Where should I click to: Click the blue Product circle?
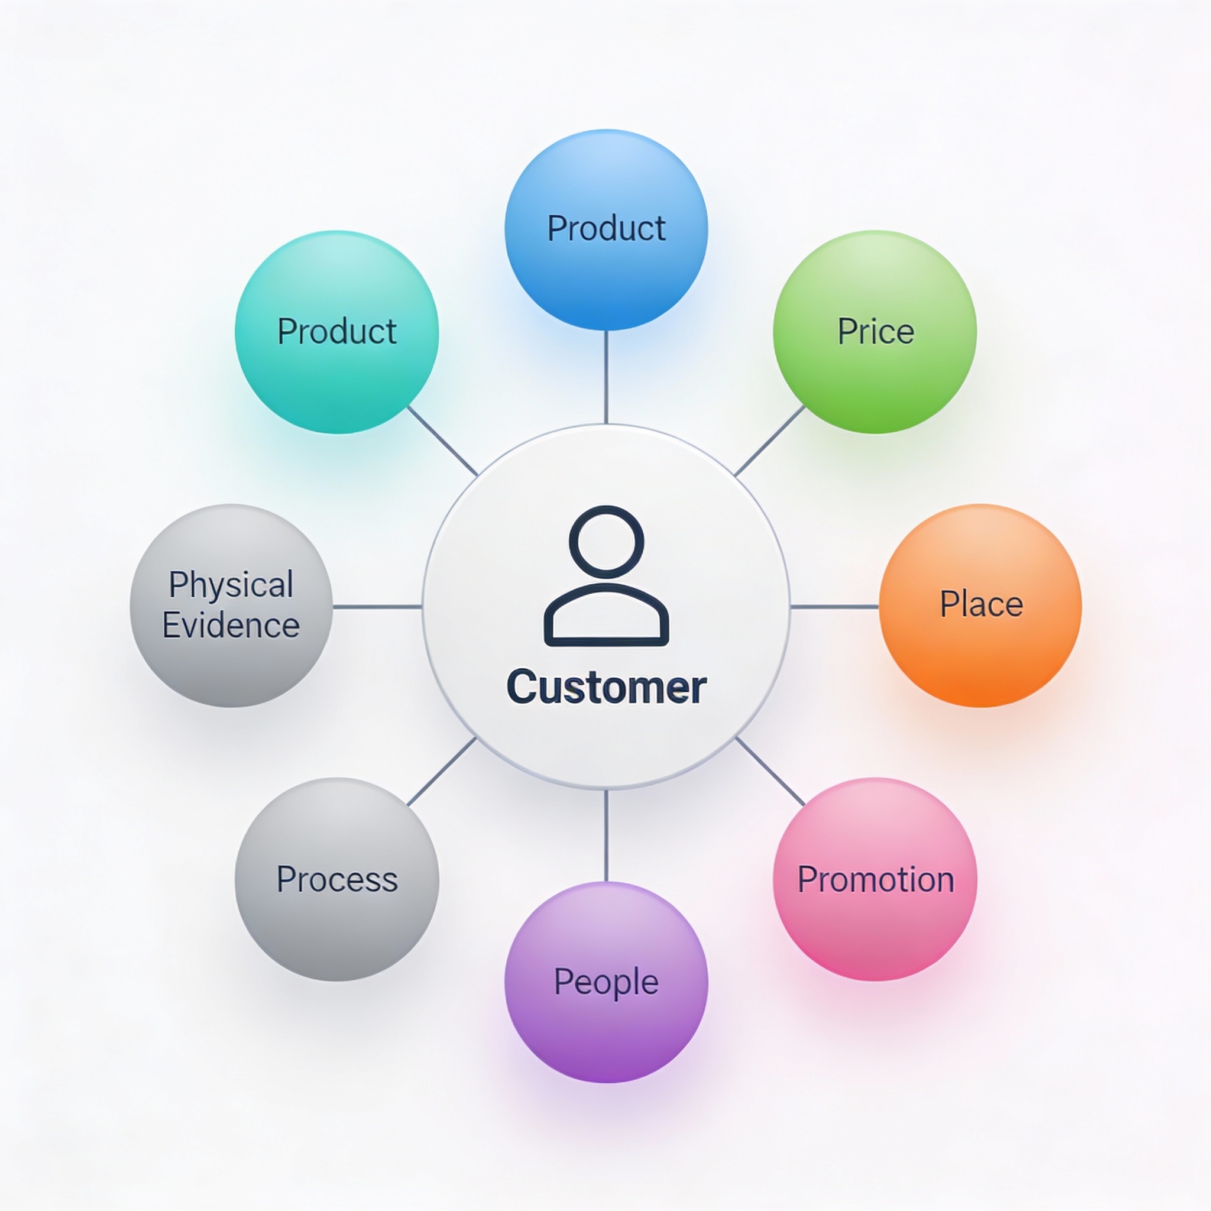tap(606, 229)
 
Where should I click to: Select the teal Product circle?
tap(336, 332)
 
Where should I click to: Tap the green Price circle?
tap(875, 332)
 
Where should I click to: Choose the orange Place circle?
tap(980, 605)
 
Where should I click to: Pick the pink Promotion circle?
tap(875, 879)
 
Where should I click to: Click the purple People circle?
tap(606, 982)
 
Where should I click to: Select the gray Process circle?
tap(336, 879)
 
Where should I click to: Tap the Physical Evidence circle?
tap(231, 605)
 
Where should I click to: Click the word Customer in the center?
tap(606, 687)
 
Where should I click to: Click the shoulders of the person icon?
tap(606, 617)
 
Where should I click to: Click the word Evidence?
tap(231, 626)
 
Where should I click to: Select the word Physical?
tap(231, 584)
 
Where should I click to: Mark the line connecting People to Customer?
tap(606, 836)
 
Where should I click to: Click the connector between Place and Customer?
tap(834, 607)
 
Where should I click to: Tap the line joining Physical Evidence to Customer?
tap(377, 607)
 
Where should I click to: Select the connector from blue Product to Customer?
tap(606, 377)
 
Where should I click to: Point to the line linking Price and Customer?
tap(770, 441)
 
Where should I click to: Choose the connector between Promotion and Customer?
tap(770, 772)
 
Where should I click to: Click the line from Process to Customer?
tap(442, 772)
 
